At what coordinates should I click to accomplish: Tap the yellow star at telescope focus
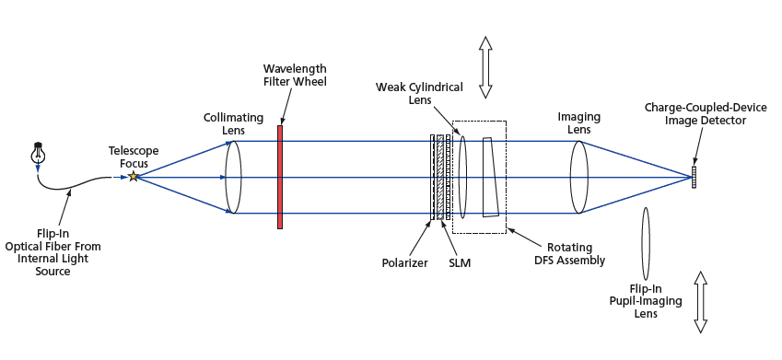[134, 176]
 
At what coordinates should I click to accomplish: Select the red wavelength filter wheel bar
[279, 176]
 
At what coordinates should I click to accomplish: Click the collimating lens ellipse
[232, 176]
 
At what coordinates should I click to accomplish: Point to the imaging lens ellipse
[578, 176]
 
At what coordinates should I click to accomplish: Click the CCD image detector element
[694, 176]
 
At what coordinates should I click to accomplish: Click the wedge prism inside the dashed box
[490, 177]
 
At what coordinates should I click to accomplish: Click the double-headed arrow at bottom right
[700, 301]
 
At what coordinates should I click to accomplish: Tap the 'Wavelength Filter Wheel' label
[295, 75]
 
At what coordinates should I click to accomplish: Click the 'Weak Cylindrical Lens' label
[416, 93]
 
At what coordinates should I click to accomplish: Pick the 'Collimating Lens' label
[233, 123]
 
